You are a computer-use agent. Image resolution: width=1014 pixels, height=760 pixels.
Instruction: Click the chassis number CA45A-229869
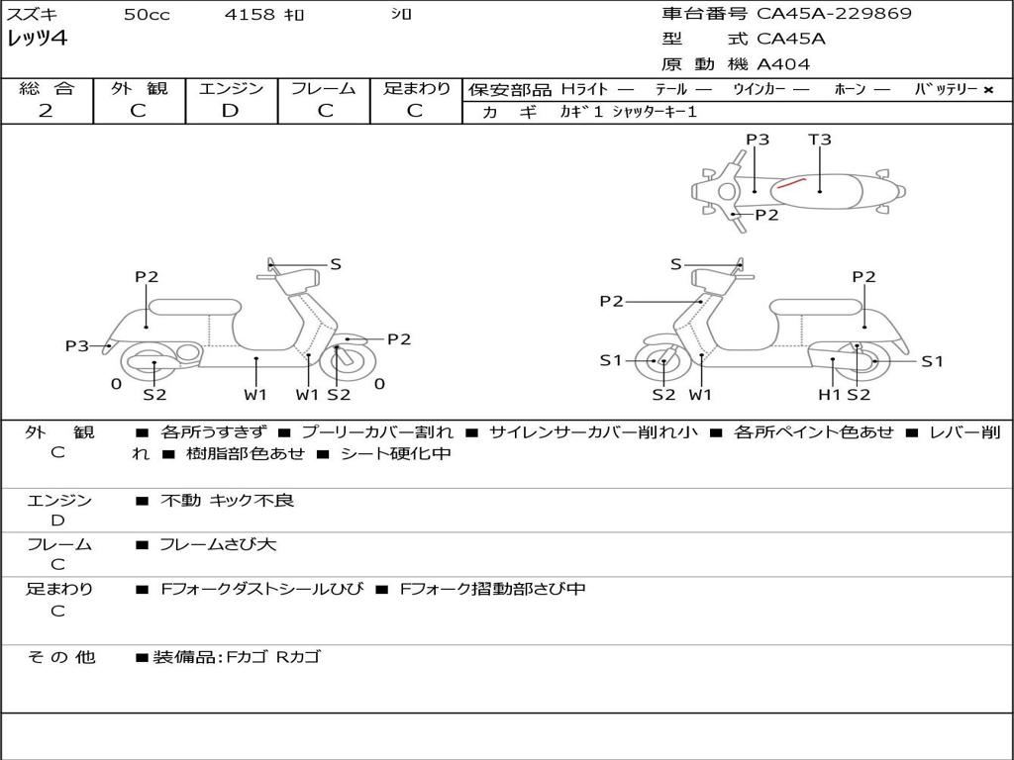tap(834, 14)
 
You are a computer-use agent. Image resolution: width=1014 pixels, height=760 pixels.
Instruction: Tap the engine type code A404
tap(783, 64)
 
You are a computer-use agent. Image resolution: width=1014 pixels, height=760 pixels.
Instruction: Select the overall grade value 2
tap(46, 111)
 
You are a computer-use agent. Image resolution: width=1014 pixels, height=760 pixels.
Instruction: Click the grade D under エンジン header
tap(230, 111)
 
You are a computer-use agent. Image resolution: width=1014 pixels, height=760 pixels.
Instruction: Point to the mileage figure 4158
tap(250, 14)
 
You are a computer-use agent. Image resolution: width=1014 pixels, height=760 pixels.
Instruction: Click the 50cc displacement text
tap(147, 14)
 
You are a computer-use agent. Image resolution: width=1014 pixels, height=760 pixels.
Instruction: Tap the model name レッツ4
tap(37, 39)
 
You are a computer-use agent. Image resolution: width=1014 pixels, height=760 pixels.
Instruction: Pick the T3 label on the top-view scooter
tap(819, 139)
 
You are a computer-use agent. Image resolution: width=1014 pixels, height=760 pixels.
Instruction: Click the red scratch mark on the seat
tap(791, 182)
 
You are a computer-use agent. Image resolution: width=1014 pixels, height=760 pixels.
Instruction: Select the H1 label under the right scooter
tap(830, 394)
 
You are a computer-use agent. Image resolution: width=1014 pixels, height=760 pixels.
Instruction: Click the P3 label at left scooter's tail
tap(77, 345)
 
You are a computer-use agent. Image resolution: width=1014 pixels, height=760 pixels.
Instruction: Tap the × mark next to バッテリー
tap(988, 90)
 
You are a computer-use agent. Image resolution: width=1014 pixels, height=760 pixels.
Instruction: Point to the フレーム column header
tap(324, 88)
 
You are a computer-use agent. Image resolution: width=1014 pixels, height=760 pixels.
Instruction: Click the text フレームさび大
tap(218, 544)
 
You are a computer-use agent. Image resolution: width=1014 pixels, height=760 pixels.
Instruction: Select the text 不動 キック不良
tap(227, 500)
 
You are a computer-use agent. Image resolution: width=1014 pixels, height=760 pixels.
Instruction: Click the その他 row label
tap(61, 657)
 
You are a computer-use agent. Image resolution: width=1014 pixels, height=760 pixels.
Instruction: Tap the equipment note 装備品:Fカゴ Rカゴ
tap(237, 657)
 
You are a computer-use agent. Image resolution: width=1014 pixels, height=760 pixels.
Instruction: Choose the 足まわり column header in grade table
tap(417, 88)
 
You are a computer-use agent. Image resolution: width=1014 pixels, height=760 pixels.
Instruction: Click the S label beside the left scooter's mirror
tap(336, 263)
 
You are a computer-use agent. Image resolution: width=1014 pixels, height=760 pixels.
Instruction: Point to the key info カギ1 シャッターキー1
tap(629, 112)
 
